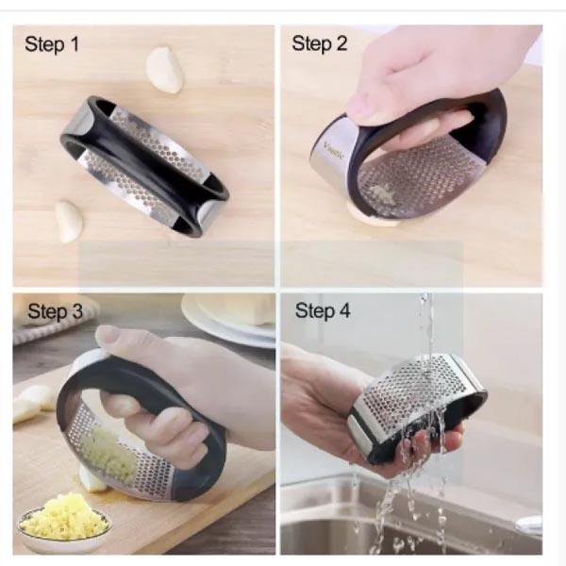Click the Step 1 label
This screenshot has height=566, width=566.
pyautogui.click(x=52, y=44)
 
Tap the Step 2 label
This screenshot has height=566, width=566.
pyautogui.click(x=320, y=43)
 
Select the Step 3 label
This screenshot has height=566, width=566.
pyautogui.click(x=55, y=311)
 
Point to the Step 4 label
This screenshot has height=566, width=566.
pyautogui.click(x=323, y=310)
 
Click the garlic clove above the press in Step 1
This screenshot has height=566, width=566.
pyautogui.click(x=165, y=70)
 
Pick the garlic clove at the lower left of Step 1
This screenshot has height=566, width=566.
pyautogui.click(x=69, y=222)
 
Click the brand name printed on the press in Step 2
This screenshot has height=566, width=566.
pyautogui.click(x=334, y=150)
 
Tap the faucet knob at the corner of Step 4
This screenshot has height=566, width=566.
pyautogui.click(x=529, y=525)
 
